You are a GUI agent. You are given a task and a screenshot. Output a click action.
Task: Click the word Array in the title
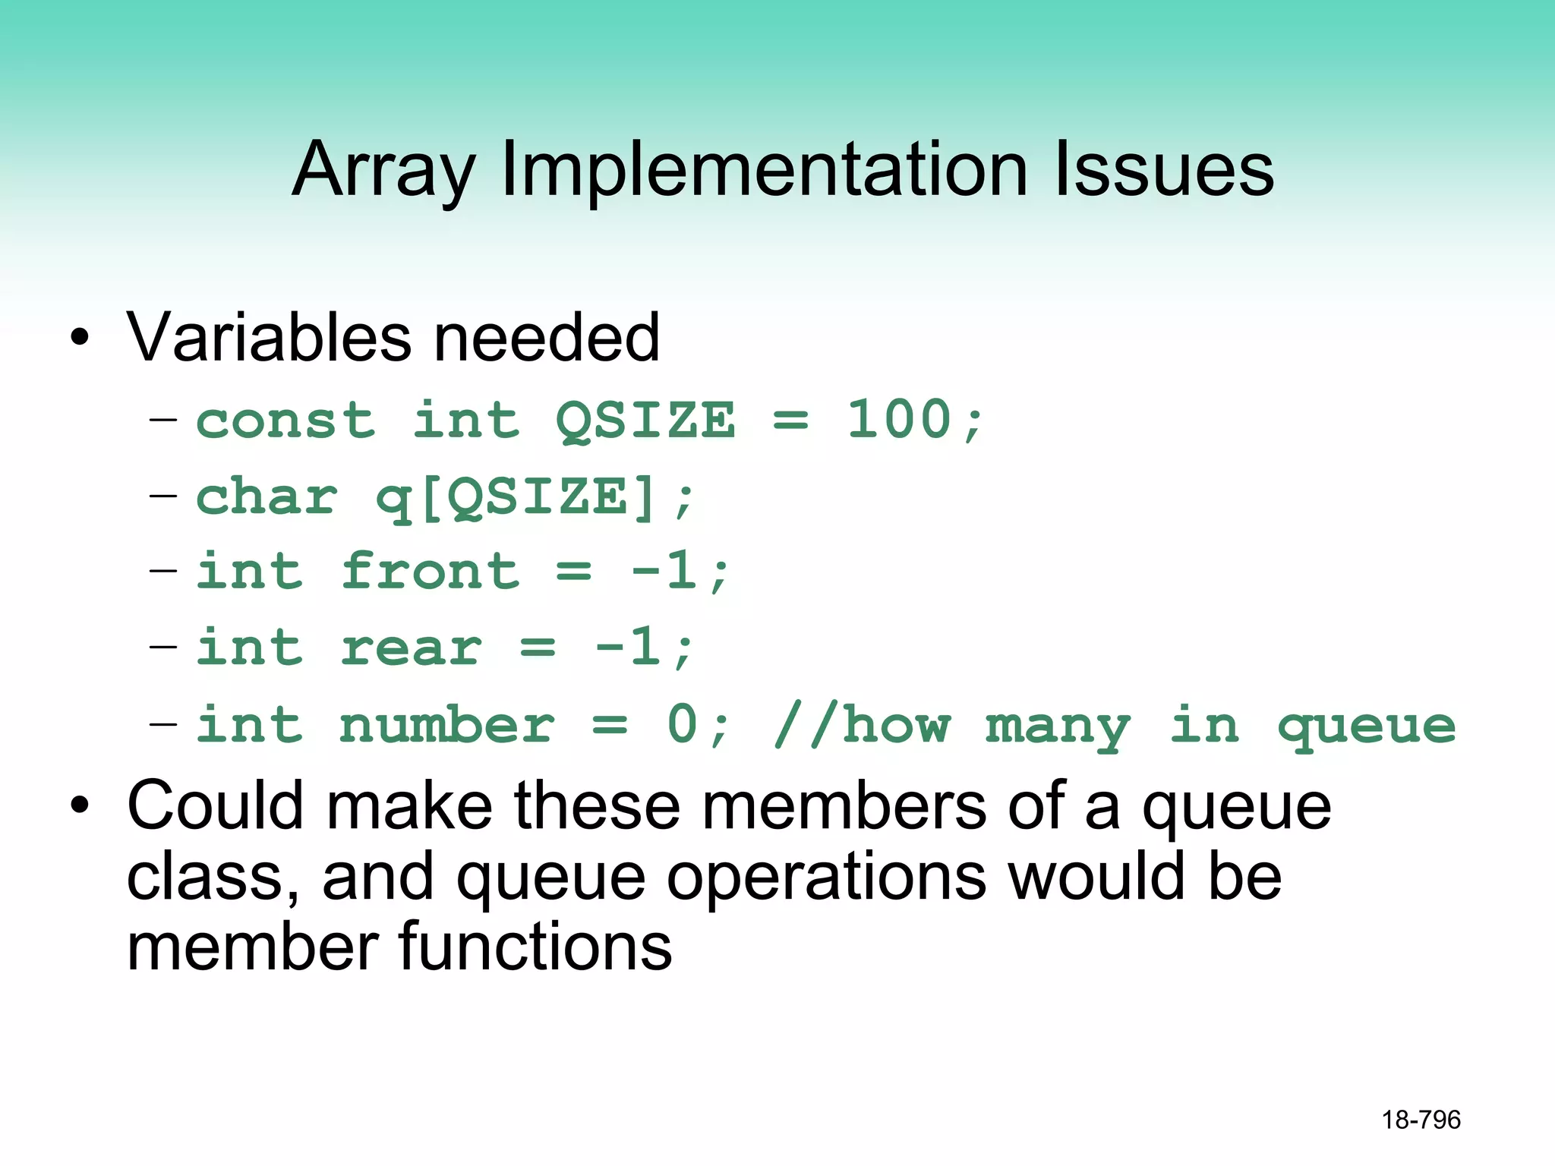click(x=383, y=171)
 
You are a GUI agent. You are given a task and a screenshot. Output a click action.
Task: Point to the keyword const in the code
click(x=285, y=421)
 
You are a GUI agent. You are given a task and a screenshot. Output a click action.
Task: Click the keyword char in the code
click(x=267, y=497)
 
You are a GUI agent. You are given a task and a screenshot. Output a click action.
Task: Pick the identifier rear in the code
click(x=411, y=648)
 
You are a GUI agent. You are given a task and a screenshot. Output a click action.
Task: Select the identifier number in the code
click(x=447, y=725)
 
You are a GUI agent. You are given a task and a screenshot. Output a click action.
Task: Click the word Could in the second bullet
click(x=216, y=806)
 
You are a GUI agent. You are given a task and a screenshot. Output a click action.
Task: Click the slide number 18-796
click(x=1421, y=1120)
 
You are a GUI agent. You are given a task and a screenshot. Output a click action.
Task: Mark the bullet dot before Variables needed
click(x=80, y=339)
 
